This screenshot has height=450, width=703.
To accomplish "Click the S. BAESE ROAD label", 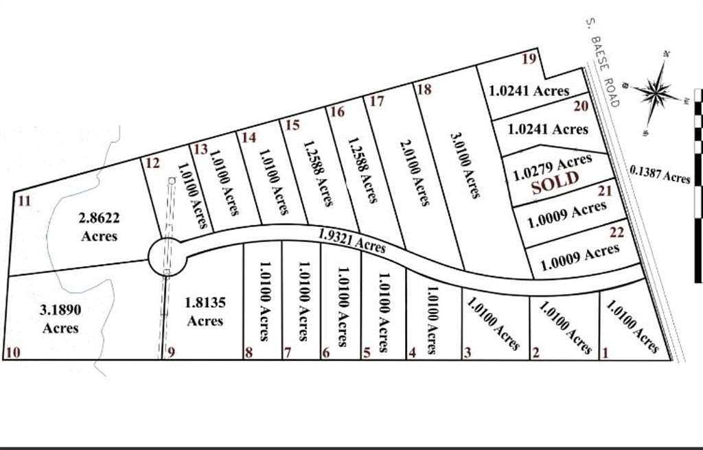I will coord(602,62).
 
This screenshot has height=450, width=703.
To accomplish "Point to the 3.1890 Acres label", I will coord(60,319).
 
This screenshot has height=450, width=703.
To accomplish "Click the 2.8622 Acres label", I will coord(99,227).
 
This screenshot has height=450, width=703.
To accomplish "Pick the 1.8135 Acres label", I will coord(205,311).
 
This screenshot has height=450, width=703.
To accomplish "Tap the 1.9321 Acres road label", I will coord(351,239).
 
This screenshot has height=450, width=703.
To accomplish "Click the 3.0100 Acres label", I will coord(464,165).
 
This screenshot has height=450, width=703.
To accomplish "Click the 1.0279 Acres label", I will coord(552,167).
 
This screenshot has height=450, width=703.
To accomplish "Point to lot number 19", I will coord(528,59).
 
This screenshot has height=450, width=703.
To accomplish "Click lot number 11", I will coord(25,201).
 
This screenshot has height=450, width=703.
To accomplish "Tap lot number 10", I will coord(12,353).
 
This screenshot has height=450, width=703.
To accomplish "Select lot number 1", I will coord(605,353).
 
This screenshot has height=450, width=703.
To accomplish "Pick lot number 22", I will coord(616,233).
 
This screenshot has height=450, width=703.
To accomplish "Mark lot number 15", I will coord(292,125).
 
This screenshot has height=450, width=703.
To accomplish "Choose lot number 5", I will coord(367,353).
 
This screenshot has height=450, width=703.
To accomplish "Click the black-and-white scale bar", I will coord(698,185).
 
